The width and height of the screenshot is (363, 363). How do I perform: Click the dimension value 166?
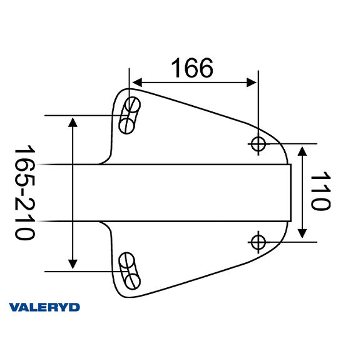coord(192,68)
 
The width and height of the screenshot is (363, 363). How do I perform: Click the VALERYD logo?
coord(44,307)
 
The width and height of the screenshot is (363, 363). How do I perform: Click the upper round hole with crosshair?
coord(258,143)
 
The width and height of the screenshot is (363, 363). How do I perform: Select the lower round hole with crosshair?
coord(258,240)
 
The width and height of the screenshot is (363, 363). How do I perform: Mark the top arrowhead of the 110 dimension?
coord(303,151)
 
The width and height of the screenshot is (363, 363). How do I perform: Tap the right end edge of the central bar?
coord(292,192)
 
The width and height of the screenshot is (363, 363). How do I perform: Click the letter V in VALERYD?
coord(14,307)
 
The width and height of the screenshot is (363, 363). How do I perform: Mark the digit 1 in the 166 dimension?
coord(175,68)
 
